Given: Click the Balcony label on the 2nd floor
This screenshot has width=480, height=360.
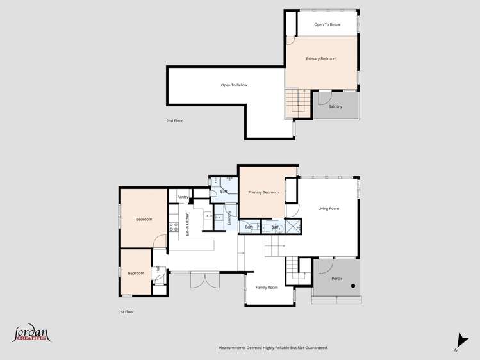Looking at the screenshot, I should (x=335, y=106).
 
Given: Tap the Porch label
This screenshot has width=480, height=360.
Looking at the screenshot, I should (x=336, y=279).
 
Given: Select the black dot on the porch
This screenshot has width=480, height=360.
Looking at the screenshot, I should (x=352, y=286).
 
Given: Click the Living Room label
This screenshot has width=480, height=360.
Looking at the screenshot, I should (x=329, y=208).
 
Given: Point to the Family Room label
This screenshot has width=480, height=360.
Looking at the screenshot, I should (x=267, y=288).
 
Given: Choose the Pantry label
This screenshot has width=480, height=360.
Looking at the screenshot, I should (x=183, y=197).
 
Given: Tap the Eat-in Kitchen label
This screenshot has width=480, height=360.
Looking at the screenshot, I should (x=187, y=225).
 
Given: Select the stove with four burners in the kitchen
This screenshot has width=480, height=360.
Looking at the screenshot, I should (x=173, y=227).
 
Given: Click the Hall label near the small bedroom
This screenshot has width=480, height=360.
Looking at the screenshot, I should (x=158, y=269).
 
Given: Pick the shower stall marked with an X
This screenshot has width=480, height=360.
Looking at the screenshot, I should (x=293, y=225).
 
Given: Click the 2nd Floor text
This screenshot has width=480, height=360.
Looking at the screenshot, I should (x=174, y=120).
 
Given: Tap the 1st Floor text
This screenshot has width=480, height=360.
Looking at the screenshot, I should (x=126, y=311).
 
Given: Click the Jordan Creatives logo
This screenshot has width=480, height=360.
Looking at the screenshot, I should (x=31, y=333).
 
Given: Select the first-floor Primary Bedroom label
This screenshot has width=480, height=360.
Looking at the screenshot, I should (x=263, y=192).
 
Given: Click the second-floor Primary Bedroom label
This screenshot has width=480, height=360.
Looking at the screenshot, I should (x=321, y=58).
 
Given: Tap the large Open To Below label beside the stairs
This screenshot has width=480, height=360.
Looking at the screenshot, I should (x=234, y=85).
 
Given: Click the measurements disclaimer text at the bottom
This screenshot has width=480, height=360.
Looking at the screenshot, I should (x=273, y=348).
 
